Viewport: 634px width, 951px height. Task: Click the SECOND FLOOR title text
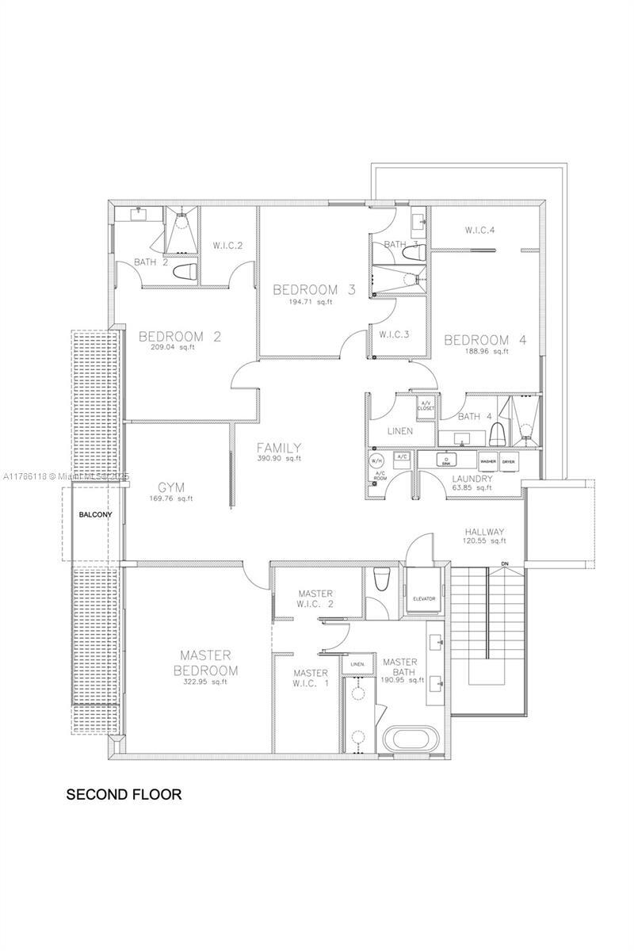(x=124, y=793)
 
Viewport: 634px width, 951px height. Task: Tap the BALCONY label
(x=95, y=514)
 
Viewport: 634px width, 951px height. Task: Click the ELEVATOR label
(x=424, y=598)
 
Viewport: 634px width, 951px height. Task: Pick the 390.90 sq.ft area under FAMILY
(x=279, y=458)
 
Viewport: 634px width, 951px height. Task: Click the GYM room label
(x=172, y=487)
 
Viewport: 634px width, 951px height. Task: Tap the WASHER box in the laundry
(x=488, y=460)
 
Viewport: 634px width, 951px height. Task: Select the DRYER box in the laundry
(x=509, y=460)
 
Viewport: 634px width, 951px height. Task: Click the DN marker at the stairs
(x=504, y=564)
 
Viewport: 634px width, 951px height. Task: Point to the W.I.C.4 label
(x=479, y=230)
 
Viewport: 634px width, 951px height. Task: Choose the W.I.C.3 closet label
(x=394, y=334)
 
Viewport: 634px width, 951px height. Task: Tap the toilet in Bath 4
(x=498, y=435)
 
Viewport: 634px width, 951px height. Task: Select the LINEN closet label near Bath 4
(x=400, y=431)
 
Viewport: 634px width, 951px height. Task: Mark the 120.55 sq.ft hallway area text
(x=485, y=540)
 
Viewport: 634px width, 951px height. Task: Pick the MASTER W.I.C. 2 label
(x=315, y=599)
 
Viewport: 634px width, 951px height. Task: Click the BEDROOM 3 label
(x=314, y=289)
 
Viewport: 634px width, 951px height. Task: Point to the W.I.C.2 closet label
(x=227, y=245)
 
